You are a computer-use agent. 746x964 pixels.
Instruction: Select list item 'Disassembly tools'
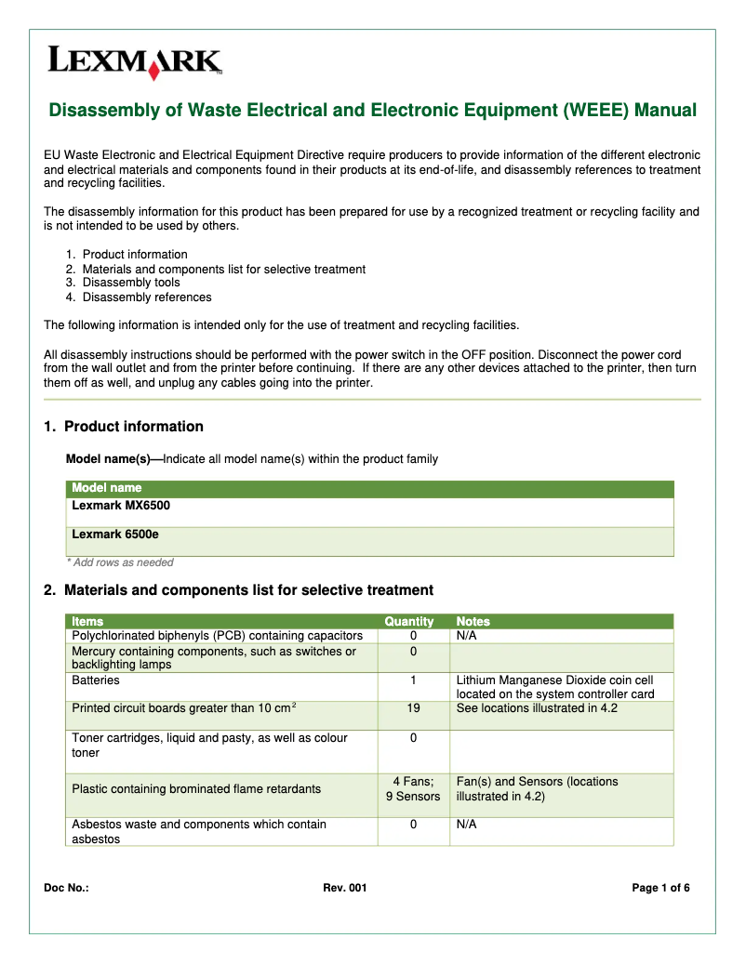pos(131,283)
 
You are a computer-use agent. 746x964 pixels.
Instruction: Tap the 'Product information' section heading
pos(133,427)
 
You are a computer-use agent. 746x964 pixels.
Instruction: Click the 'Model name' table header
pos(107,488)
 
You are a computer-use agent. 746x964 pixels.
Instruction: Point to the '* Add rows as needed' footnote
pos(120,562)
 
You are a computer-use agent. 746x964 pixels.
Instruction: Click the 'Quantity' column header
pos(409,621)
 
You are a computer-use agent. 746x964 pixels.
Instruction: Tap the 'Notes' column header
pos(473,621)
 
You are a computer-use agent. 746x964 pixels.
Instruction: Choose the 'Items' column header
pos(87,621)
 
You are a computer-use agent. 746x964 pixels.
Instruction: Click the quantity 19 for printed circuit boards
pos(413,708)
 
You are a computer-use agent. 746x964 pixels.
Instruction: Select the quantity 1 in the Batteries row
pos(413,680)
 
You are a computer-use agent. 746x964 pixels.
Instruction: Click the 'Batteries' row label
pos(96,680)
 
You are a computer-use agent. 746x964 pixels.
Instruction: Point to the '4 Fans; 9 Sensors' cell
pos(413,789)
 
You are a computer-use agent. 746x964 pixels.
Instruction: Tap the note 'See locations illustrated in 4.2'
pos(537,708)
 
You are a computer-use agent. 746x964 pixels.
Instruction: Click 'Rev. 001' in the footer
pos(345,889)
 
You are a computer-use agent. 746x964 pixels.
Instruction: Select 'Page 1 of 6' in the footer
pos(660,889)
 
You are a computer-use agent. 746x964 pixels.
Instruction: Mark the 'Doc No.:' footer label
pos(67,889)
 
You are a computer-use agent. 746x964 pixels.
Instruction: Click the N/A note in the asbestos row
pos(466,825)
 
